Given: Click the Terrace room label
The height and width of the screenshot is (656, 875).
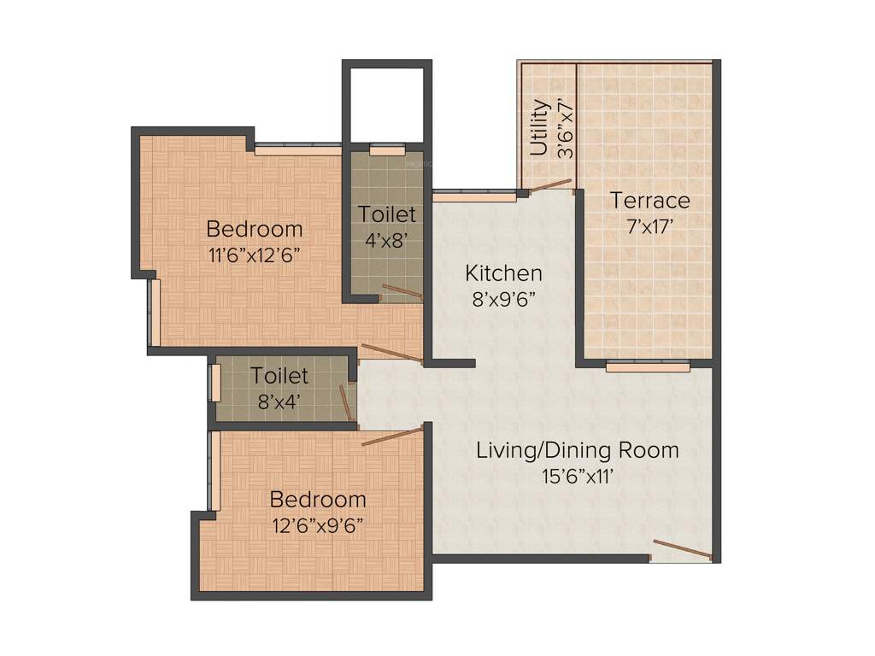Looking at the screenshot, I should click(649, 201).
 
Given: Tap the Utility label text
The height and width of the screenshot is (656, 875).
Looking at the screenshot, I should click(539, 128).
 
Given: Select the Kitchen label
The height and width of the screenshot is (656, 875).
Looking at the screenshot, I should click(503, 273).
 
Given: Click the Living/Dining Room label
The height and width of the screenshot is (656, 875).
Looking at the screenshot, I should click(578, 449).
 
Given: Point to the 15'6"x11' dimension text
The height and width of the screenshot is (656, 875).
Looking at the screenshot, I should click(578, 476).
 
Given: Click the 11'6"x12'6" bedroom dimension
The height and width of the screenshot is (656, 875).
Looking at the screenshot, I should click(255, 255).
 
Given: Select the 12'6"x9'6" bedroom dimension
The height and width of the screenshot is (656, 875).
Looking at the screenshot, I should click(318, 525).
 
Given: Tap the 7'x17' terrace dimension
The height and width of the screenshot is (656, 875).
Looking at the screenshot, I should click(649, 226).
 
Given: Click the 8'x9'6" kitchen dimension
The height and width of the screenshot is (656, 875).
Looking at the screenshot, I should click(503, 299).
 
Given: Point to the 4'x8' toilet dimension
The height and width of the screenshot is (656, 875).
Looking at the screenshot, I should click(387, 240).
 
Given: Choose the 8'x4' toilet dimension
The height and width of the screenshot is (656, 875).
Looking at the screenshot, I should click(279, 401).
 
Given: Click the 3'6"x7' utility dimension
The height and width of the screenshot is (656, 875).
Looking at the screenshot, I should click(564, 128).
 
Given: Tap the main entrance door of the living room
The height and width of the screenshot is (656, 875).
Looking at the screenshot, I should click(681, 549).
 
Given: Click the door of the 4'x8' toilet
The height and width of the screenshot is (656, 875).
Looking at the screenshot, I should click(401, 292).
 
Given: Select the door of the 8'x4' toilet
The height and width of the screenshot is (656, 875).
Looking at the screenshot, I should click(347, 404).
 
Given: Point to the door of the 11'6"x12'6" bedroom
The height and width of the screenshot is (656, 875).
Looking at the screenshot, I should click(391, 352).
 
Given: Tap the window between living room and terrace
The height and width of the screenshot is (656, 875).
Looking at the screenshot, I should click(648, 366).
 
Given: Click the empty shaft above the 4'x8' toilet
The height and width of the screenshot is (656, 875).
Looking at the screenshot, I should click(386, 102).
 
